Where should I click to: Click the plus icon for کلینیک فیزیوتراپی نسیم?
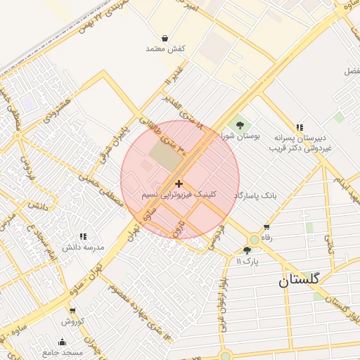tap(179, 183)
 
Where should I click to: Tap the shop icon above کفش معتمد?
tap(165, 38)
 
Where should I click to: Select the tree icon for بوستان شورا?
tap(240, 124)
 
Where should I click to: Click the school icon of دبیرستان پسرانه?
tap(300, 127)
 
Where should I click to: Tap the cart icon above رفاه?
tap(266, 227)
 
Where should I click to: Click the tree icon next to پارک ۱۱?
tap(247, 250)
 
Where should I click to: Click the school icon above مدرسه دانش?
tap(83, 237)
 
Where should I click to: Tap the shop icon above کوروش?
tap(72, 311)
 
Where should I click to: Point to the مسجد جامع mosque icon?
tap(62, 342)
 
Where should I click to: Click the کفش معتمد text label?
tap(165, 49)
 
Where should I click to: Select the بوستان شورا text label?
tap(241, 134)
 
